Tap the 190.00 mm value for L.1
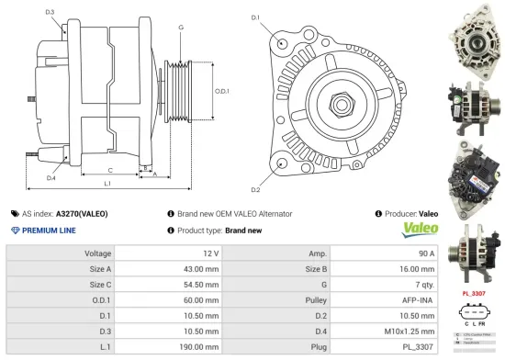(x=199, y=348)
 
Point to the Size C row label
(x=99, y=284)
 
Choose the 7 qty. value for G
(x=421, y=284)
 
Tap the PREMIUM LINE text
(x=50, y=231)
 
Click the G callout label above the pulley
(x=181, y=28)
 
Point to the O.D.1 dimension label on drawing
(x=221, y=91)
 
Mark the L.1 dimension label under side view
(x=107, y=185)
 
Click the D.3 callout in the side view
(x=49, y=12)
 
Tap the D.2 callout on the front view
(x=255, y=189)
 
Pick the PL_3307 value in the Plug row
(x=418, y=348)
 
